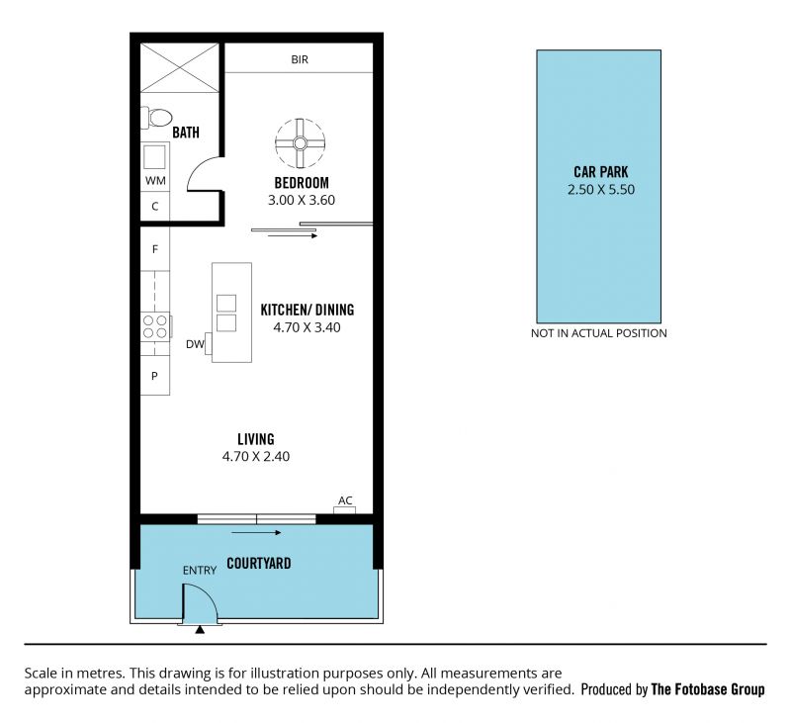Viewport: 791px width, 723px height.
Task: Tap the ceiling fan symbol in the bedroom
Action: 301,143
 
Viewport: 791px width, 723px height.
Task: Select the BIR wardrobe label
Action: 300,59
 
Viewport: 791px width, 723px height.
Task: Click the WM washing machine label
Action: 155,181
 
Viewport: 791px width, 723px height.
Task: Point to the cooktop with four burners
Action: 155,326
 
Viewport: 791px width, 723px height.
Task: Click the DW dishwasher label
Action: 195,344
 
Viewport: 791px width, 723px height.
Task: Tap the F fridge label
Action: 155,249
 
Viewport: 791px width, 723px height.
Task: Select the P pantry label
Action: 154,376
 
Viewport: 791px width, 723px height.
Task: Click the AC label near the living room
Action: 345,500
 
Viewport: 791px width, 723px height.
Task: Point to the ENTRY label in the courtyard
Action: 200,570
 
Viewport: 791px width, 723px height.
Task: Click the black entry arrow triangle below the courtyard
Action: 201,629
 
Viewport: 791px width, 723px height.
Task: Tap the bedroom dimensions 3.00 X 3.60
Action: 302,201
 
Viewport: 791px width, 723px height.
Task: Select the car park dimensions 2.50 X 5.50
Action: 601,190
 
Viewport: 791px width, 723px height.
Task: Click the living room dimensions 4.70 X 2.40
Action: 256,457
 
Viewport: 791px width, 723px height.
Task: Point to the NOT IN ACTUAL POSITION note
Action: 599,333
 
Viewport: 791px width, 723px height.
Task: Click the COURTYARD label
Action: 259,563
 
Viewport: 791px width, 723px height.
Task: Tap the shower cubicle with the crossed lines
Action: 180,67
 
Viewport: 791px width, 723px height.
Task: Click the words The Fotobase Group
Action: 708,689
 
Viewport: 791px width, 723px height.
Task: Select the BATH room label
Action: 186,133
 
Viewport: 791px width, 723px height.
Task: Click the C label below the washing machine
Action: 155,207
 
